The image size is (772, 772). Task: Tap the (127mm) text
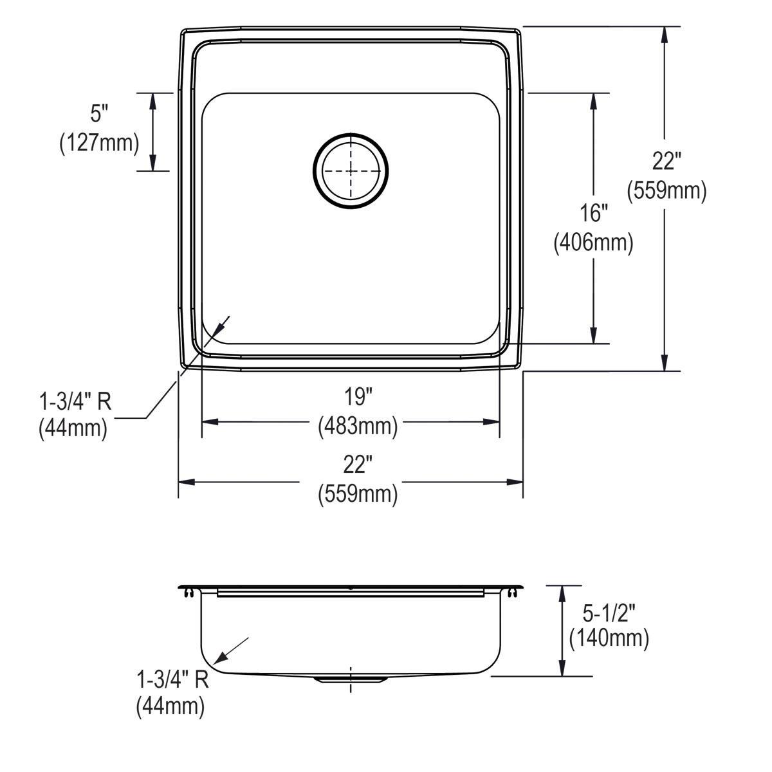click(x=99, y=143)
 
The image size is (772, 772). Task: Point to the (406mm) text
click(x=593, y=242)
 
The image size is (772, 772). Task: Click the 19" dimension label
click(x=358, y=397)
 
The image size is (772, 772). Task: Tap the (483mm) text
click(x=358, y=426)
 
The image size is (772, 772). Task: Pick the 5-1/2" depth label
click(x=609, y=613)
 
